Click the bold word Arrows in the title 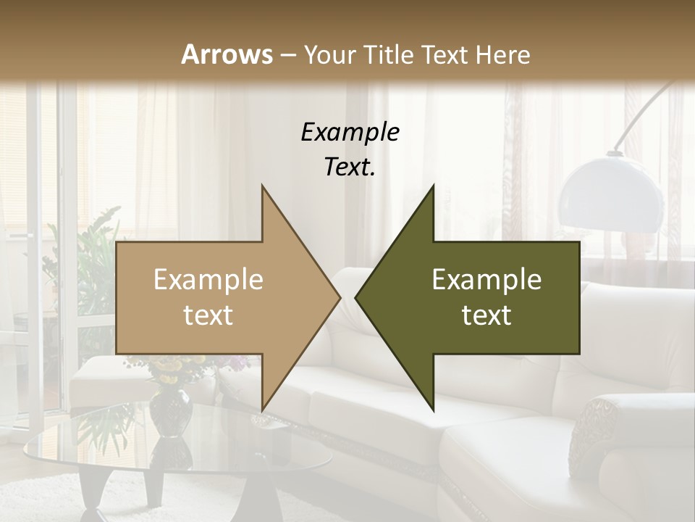227,54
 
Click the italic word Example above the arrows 350,132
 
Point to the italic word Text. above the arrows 350,167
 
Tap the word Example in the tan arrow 208,280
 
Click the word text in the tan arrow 208,315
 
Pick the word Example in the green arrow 486,280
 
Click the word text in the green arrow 486,315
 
